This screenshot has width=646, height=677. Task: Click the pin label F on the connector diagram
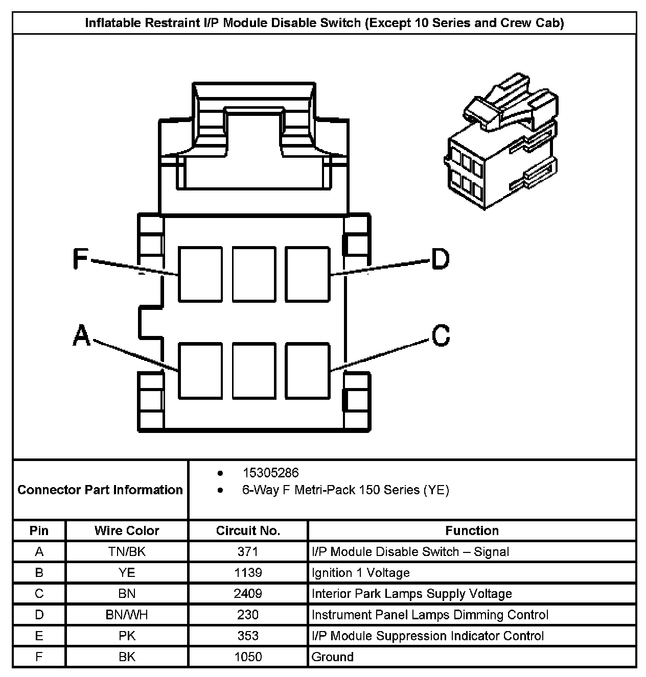[x=80, y=258]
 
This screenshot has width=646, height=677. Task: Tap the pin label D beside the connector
[x=440, y=258]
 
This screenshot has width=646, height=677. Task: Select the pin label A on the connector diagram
[x=81, y=335]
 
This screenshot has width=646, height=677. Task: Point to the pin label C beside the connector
[x=441, y=335]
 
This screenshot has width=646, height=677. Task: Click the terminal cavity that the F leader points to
[x=200, y=274]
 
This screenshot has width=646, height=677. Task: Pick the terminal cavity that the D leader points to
[x=307, y=274]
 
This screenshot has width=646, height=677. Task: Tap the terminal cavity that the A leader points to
[x=200, y=371]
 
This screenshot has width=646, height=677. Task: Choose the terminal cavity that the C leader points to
[x=307, y=371]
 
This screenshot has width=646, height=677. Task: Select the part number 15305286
[x=270, y=473]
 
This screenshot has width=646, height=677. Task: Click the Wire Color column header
[x=127, y=530]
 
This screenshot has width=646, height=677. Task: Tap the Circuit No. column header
[x=248, y=530]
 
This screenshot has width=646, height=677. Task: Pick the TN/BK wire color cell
[x=127, y=551]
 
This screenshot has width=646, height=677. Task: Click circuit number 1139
[x=248, y=572]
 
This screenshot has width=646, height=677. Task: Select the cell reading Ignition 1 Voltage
[x=361, y=572]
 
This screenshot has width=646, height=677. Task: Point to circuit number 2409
[x=248, y=593]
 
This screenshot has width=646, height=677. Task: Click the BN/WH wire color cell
[x=127, y=614]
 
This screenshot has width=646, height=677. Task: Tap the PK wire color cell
[x=127, y=636]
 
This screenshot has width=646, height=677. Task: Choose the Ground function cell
[x=333, y=657]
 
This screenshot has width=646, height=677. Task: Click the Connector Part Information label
[x=100, y=490]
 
